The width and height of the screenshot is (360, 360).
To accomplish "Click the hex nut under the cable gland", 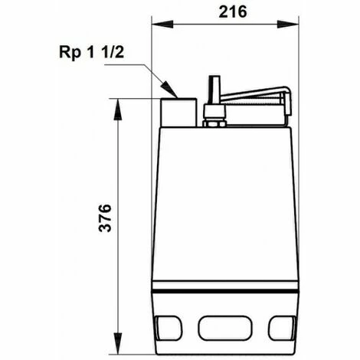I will [214, 119].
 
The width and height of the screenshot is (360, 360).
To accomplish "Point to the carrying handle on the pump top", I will [253, 98].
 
